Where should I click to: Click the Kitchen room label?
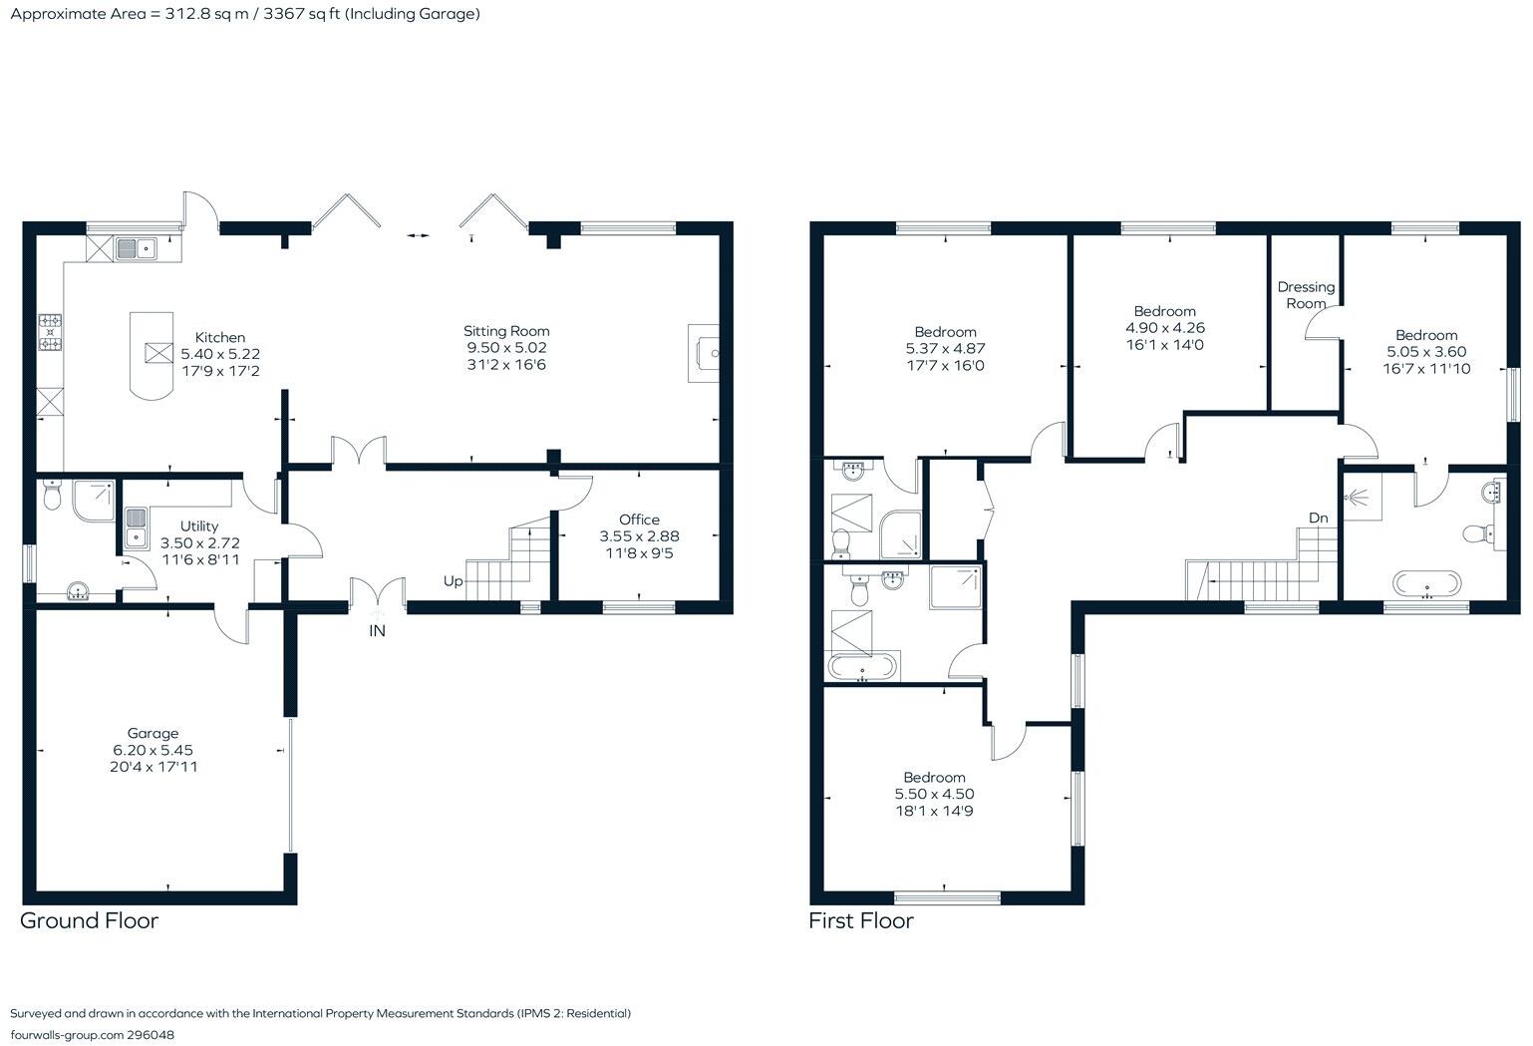pos(219,337)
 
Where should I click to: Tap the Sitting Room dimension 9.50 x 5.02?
pos(506,348)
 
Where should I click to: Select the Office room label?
pos(639,520)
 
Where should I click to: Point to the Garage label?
pos(153,733)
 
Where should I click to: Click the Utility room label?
pos(199,526)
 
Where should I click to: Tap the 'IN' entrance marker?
pos(377,631)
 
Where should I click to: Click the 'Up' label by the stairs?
pos(453,580)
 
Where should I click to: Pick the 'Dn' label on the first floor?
pos(1318,518)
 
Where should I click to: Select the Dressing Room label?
pos(1306,295)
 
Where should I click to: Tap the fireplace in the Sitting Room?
pos(704,353)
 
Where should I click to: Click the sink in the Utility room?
pos(137,527)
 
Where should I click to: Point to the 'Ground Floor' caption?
pos(90,920)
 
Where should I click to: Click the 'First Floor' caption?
pos(861,920)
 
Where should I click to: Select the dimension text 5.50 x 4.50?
pos(934,795)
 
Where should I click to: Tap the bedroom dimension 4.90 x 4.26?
pos(1164,328)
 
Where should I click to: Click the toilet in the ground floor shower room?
pos(54,495)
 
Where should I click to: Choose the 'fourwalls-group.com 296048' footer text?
pos(92,1035)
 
